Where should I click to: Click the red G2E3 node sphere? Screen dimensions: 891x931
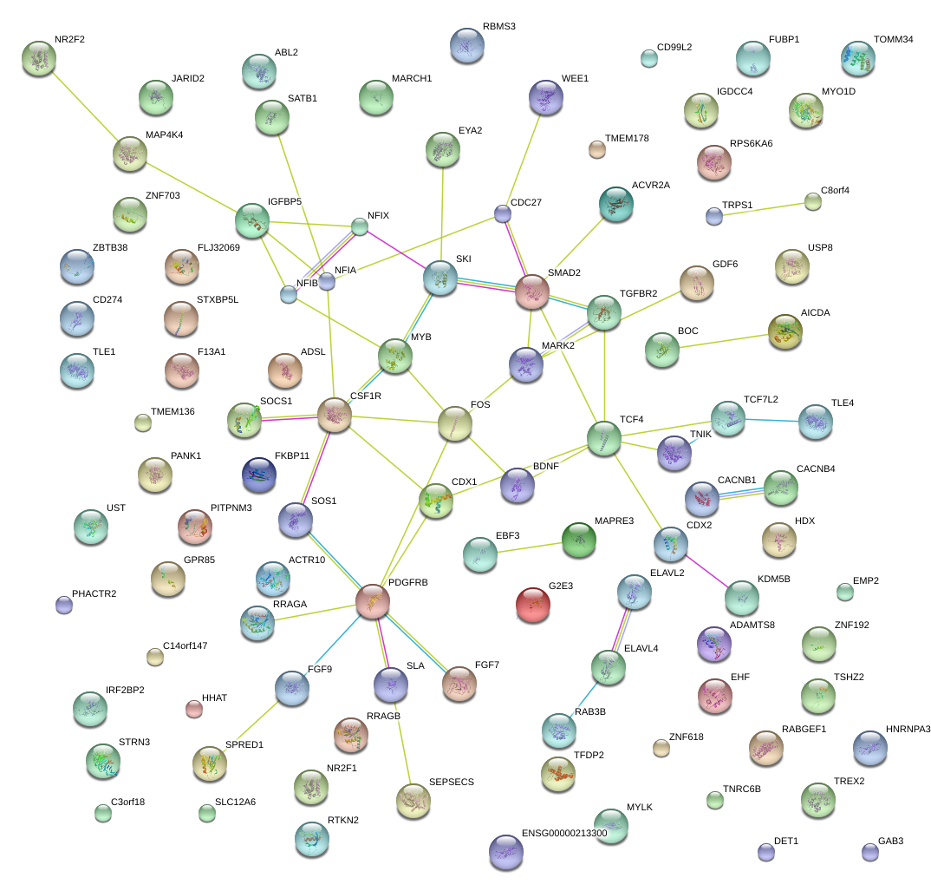[x=533, y=604]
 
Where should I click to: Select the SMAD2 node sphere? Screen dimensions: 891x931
[x=532, y=292]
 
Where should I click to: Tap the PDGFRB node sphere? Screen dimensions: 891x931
[x=373, y=601]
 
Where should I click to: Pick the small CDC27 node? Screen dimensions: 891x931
[x=503, y=213]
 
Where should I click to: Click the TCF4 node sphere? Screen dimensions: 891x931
[x=604, y=438]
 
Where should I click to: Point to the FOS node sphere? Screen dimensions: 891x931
[x=454, y=423]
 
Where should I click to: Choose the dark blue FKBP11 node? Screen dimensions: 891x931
[x=259, y=473]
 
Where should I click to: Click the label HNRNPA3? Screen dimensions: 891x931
[x=908, y=729]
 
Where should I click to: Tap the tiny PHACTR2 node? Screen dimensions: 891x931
[x=63, y=605]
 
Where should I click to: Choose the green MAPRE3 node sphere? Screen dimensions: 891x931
[x=579, y=540]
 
